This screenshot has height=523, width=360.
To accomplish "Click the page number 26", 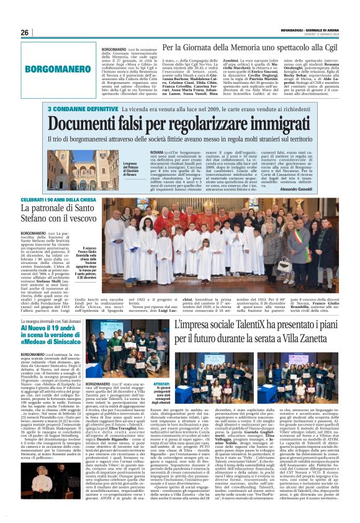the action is point(25,32).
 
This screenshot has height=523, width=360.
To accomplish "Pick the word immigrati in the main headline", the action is point(282,124).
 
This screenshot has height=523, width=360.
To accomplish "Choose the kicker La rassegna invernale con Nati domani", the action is point(58,322).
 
